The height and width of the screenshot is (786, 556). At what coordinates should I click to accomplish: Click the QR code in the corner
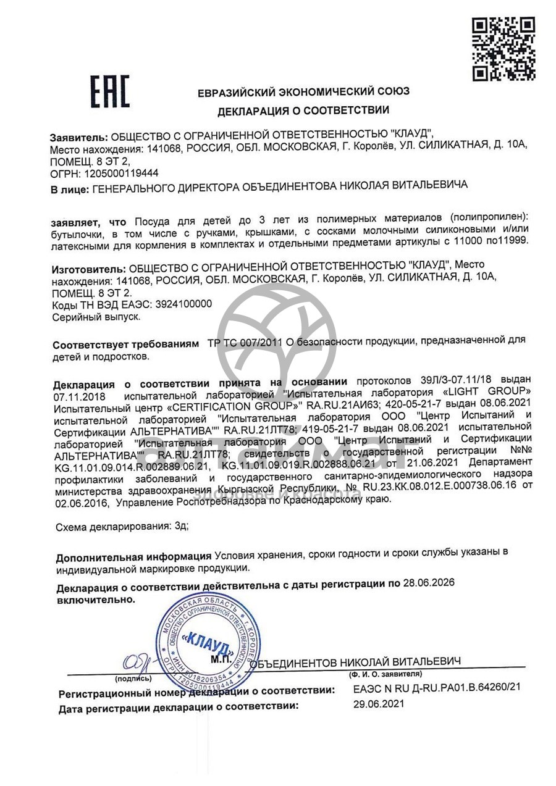click(503, 49)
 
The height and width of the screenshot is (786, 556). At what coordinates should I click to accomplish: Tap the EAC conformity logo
click(111, 93)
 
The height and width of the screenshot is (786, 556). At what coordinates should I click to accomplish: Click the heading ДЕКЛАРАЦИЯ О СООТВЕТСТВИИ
click(303, 111)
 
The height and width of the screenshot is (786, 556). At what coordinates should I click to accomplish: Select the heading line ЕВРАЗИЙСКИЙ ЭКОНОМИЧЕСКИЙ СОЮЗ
click(303, 93)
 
